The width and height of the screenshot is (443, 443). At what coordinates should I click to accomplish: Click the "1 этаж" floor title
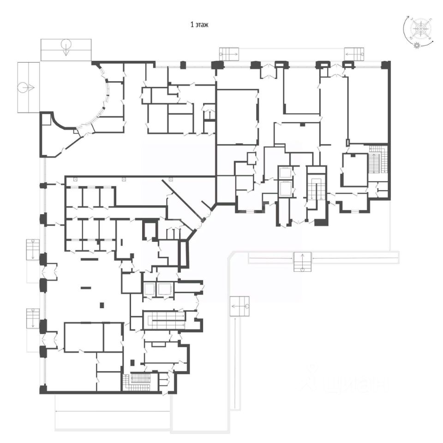199,24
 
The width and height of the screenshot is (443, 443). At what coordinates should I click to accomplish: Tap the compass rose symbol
420,29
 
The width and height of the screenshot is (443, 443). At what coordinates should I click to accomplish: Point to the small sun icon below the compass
417,45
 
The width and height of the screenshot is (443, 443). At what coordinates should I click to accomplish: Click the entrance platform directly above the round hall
66,49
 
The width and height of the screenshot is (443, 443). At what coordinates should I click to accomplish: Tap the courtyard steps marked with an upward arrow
303,262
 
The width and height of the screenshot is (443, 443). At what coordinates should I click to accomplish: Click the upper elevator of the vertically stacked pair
285,173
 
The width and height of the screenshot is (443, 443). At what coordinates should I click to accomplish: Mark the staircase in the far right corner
377,159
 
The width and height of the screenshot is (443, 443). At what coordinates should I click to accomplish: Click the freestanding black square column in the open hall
102,305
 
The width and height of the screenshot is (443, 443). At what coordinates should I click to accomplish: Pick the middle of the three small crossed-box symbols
124,179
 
